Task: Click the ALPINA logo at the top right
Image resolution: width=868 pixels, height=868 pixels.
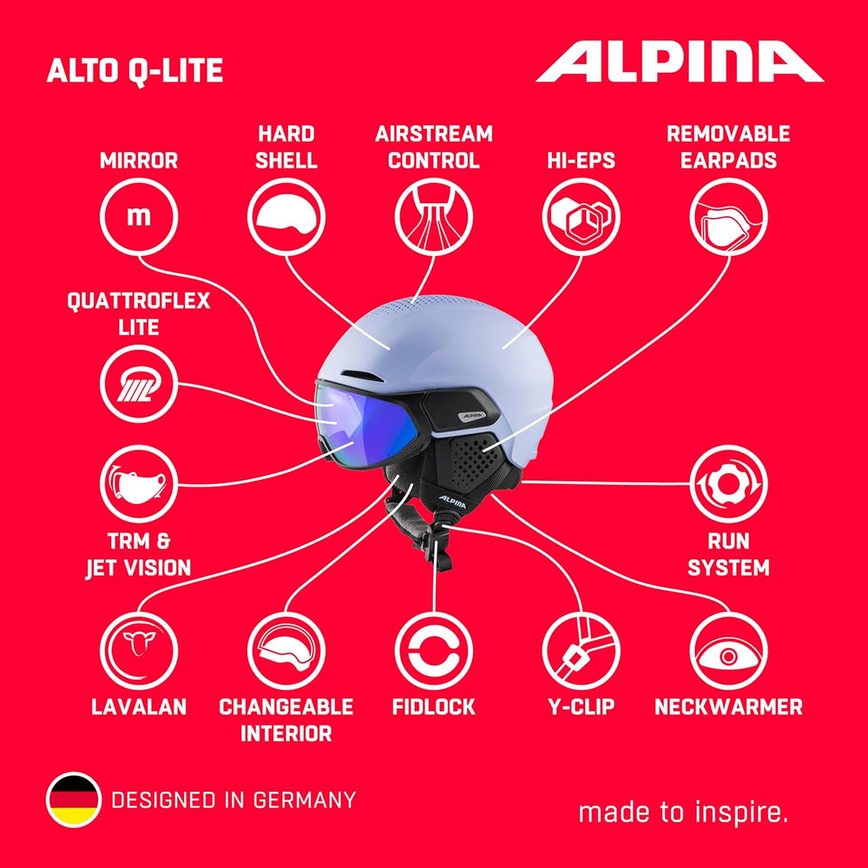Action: (x=680, y=62)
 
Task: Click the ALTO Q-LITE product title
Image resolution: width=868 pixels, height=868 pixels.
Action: (x=135, y=71)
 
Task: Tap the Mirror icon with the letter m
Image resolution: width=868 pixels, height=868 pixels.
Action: (x=139, y=217)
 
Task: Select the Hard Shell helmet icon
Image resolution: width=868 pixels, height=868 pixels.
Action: (x=286, y=217)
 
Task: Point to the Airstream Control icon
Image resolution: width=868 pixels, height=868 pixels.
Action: (x=433, y=217)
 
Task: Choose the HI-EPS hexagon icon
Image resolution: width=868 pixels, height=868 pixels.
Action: (x=582, y=217)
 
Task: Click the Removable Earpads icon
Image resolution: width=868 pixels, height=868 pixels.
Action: (x=728, y=217)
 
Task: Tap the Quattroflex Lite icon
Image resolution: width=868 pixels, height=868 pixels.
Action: (x=139, y=384)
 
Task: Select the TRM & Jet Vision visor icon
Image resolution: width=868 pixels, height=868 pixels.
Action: (x=139, y=483)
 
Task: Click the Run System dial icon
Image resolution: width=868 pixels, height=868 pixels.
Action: (x=728, y=483)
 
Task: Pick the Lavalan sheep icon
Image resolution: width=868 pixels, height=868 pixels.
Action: (x=139, y=651)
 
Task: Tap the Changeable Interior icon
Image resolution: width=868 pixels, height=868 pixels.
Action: (x=286, y=651)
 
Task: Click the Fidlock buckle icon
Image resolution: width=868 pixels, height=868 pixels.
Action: (x=433, y=651)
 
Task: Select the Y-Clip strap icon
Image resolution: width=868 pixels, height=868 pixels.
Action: (x=582, y=651)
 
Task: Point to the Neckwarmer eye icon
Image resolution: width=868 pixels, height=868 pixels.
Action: (x=728, y=651)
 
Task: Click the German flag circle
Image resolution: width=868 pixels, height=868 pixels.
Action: (x=74, y=800)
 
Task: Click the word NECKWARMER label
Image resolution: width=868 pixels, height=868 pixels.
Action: (x=728, y=707)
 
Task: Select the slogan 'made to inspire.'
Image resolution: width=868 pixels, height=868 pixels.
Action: (x=684, y=812)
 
